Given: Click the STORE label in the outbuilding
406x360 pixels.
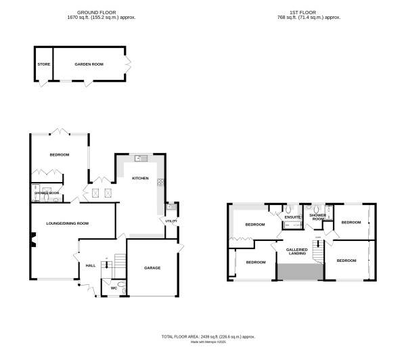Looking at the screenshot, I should pyautogui.click(x=43, y=64).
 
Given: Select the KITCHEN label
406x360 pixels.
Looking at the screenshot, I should pyautogui.click(x=140, y=179).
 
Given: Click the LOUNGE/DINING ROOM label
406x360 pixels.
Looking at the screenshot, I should pyautogui.click(x=66, y=223).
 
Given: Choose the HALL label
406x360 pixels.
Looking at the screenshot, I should pyautogui.click(x=91, y=266).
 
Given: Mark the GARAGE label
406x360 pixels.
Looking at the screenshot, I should pyautogui.click(x=152, y=268).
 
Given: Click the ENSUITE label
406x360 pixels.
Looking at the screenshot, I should pyautogui.click(x=292, y=217).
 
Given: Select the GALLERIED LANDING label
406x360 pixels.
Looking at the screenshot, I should pyautogui.click(x=298, y=252).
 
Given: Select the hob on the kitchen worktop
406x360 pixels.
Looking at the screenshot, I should pyautogui.click(x=160, y=181).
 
